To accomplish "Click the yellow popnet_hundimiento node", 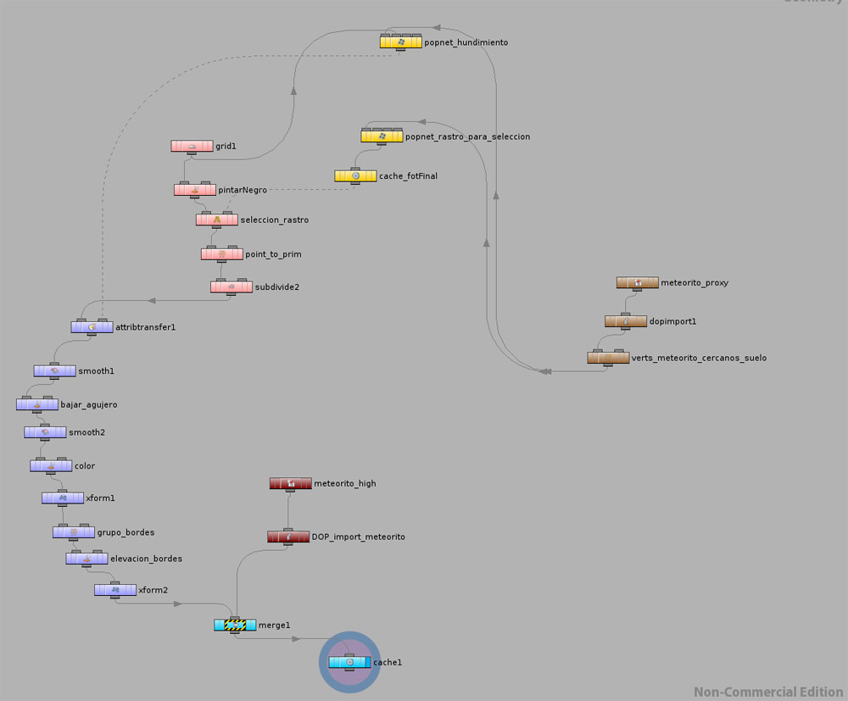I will (x=400, y=42).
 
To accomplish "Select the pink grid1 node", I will (x=192, y=146).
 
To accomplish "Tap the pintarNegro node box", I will (x=195, y=190).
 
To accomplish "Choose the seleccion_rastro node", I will (x=216, y=220).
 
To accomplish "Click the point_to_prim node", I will (x=222, y=253).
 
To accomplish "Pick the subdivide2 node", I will (x=232, y=287).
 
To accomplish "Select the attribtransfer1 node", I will (x=92, y=326).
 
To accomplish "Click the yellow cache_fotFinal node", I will (x=355, y=175).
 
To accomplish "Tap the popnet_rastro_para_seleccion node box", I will (x=382, y=136).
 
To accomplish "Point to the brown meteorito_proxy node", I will (x=637, y=282).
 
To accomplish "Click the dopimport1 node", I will (x=626, y=321).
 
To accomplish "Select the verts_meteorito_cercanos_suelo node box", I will (x=608, y=358).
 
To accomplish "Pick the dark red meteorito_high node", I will (x=290, y=483).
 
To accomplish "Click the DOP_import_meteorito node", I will (x=288, y=537).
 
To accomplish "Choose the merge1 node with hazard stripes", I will (x=234, y=626).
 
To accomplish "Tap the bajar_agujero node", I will (x=37, y=404).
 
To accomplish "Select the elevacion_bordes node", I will (x=87, y=559).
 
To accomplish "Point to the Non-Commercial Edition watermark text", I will (x=767, y=692).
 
